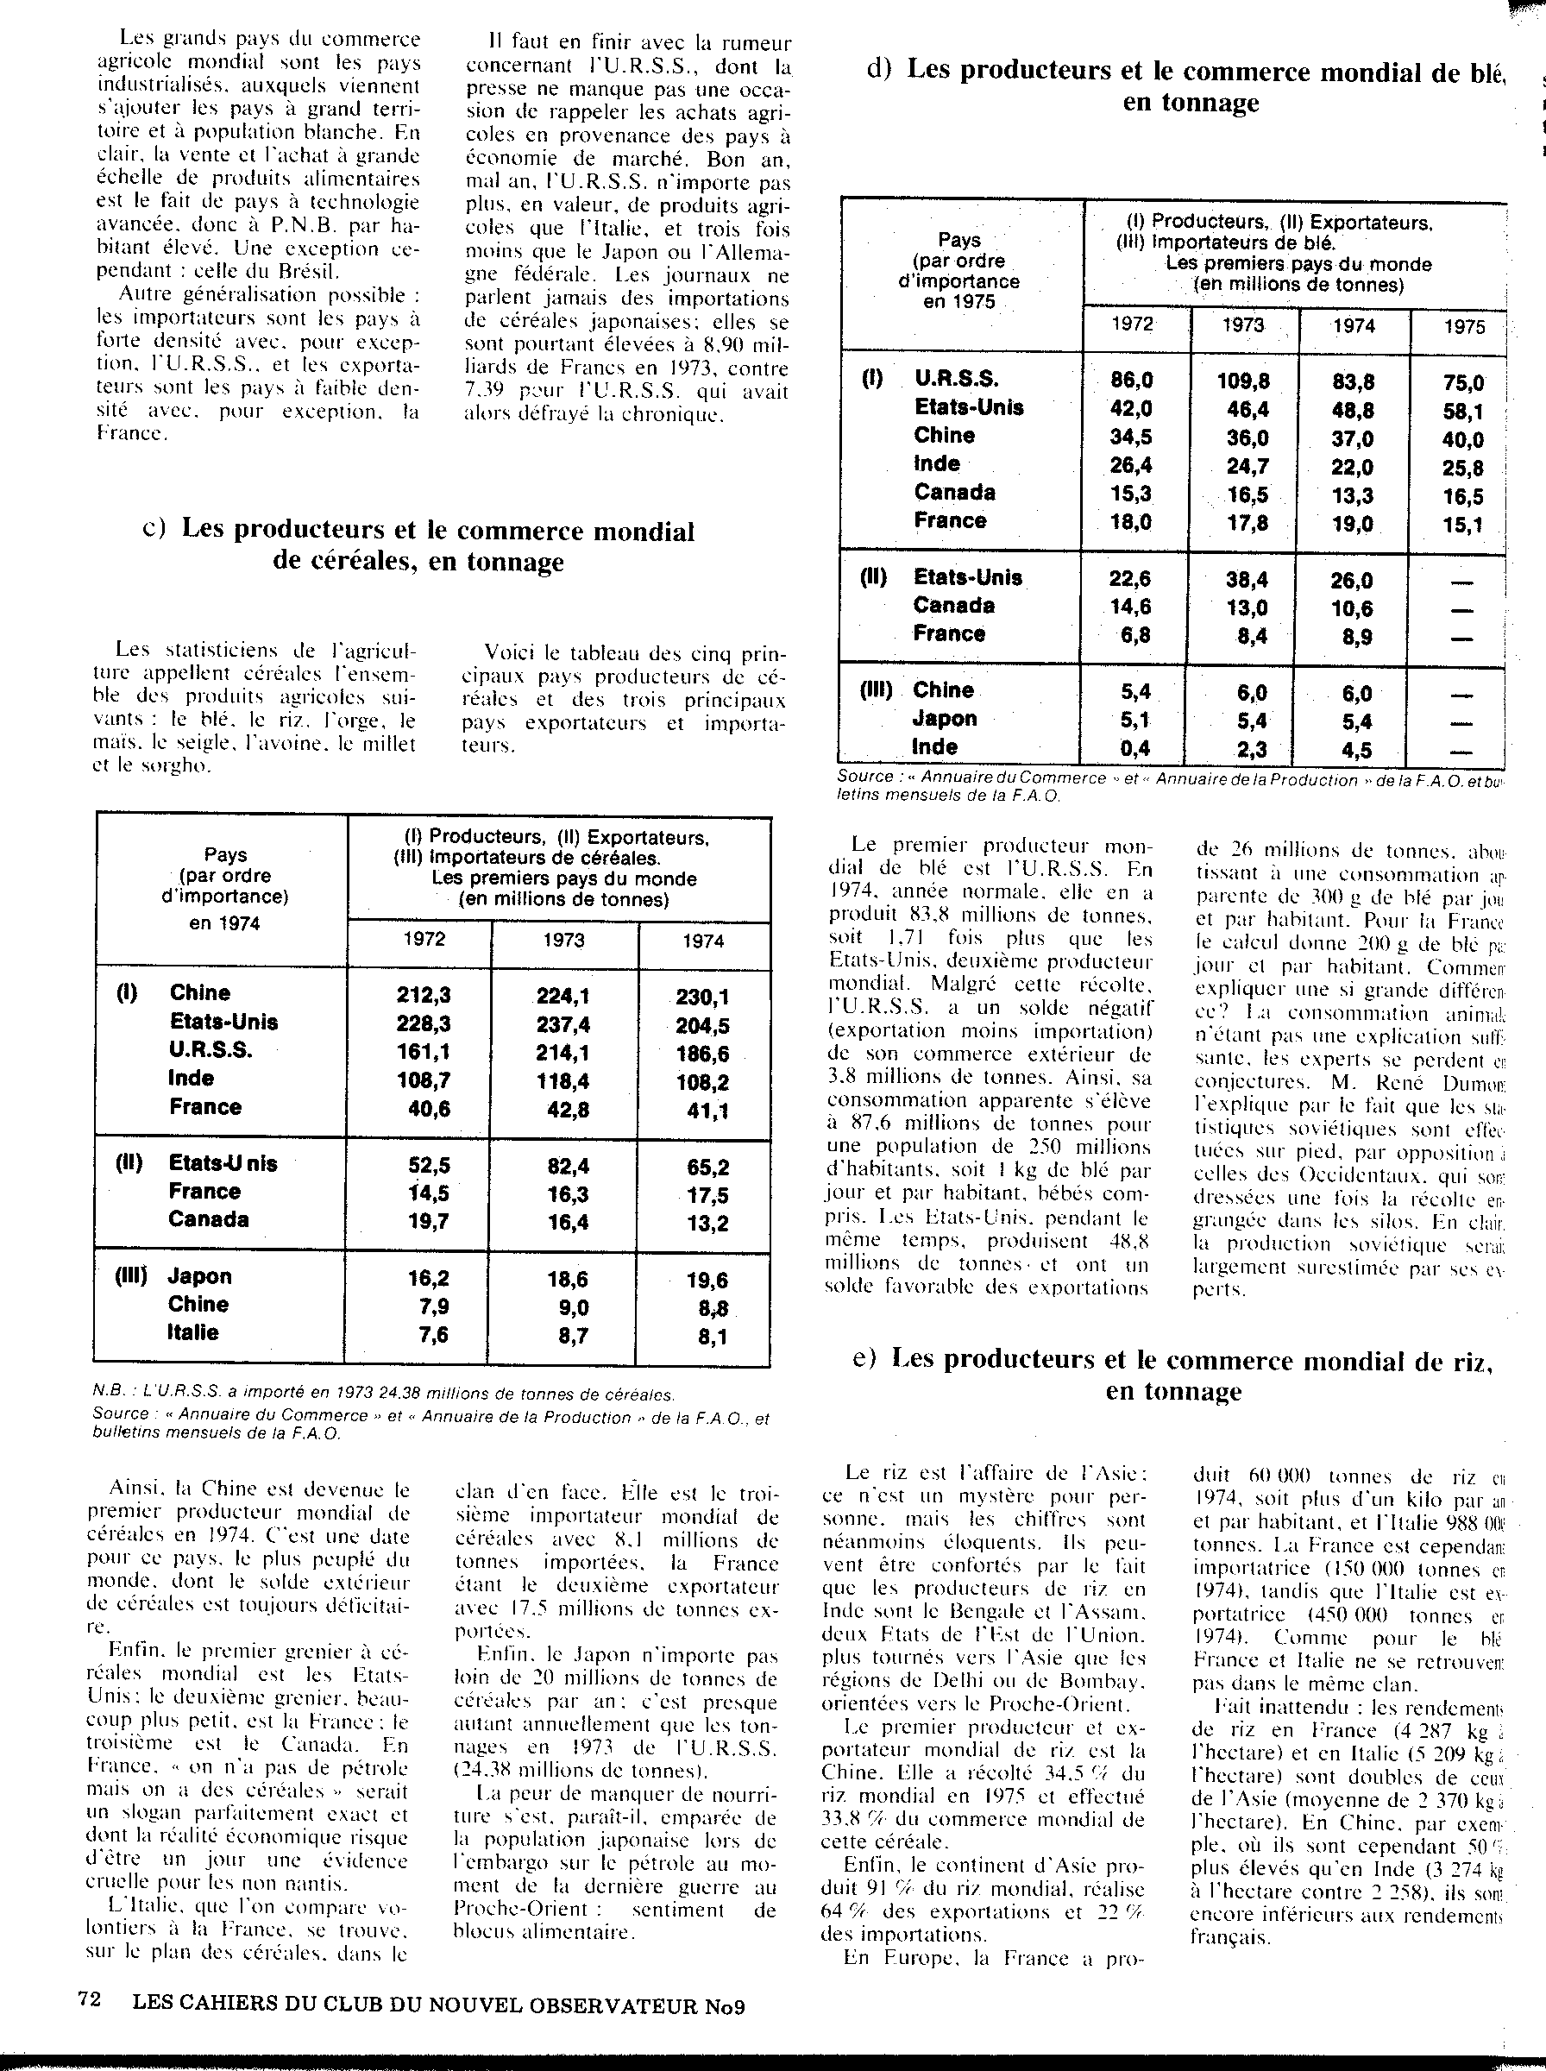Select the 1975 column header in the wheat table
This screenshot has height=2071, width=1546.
[1464, 325]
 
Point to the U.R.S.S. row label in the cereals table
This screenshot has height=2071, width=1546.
[211, 1049]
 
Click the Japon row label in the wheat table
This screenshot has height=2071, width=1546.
[946, 718]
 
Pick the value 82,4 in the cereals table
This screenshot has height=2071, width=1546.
[563, 1166]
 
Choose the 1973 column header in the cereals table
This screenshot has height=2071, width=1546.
[563, 941]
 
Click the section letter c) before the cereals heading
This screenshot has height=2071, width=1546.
[154, 529]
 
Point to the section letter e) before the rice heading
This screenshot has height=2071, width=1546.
[864, 1358]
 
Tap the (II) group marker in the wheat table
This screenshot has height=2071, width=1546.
[873, 576]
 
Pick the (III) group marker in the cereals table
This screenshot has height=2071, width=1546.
[130, 1275]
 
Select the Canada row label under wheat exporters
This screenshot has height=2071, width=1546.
[953, 606]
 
